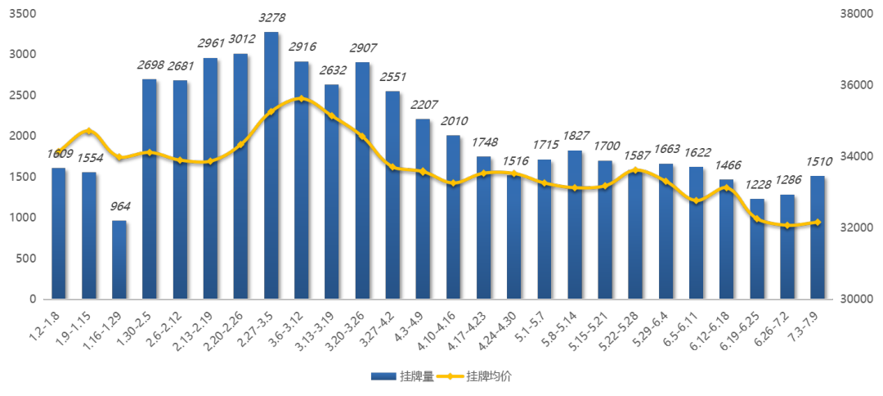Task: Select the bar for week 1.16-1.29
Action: click(119, 259)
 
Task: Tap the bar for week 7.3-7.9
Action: click(818, 237)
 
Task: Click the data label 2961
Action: click(211, 43)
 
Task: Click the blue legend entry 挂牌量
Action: click(402, 376)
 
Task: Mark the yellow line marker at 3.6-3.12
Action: click(302, 98)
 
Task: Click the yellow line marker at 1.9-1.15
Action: click(89, 131)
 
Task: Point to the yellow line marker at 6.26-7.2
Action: click(787, 225)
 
